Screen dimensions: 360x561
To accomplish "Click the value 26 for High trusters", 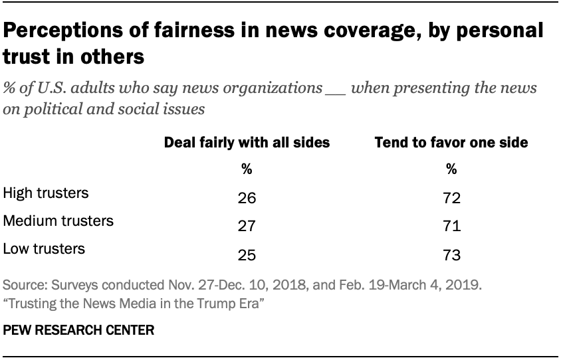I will click(247, 199).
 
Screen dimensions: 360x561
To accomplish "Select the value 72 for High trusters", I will click(451, 199).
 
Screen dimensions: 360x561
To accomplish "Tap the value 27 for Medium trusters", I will click(247, 226).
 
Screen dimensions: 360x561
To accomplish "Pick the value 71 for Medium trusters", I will click(451, 226).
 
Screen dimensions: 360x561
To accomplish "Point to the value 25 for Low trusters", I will click(247, 254).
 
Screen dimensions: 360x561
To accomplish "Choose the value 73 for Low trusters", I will click(451, 254).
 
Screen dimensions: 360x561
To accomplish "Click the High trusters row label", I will click(46, 193).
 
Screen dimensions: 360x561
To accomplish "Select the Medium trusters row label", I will click(58, 221).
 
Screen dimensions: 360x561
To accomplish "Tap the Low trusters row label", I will click(44, 248).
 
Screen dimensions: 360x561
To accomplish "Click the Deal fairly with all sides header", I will click(247, 143).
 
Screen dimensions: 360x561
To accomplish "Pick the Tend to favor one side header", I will click(451, 143).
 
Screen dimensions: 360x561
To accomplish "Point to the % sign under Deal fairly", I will click(247, 169).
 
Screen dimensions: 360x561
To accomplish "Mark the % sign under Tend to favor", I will click(451, 169).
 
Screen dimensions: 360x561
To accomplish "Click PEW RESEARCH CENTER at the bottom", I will click(79, 330).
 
